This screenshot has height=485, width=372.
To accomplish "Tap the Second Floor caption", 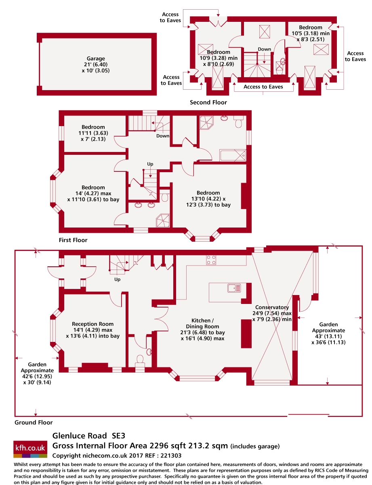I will [208, 103].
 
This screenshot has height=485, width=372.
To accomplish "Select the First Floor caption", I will [73, 240].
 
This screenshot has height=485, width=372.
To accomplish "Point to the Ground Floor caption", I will [34, 423].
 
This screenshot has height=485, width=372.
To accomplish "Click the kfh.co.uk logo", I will [30, 448].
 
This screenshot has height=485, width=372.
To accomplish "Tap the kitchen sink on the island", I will [234, 288].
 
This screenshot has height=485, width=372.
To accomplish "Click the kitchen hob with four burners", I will [211, 260].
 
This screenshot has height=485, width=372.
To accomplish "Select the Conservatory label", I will [272, 308].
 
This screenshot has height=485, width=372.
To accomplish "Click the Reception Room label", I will [92, 324].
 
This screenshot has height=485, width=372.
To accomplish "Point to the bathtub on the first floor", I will [233, 155].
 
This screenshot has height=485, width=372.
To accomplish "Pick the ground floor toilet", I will [141, 359].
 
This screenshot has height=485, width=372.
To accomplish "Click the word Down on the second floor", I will [265, 49].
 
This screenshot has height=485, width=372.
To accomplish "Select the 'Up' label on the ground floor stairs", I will [118, 279].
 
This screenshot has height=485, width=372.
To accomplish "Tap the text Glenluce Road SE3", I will [89, 436].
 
